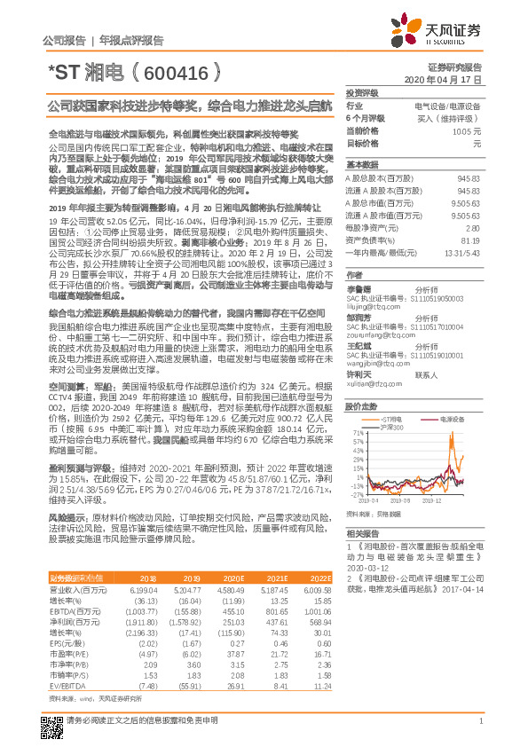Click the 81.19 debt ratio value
pos(470,240)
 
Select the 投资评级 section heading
pos(361,92)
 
